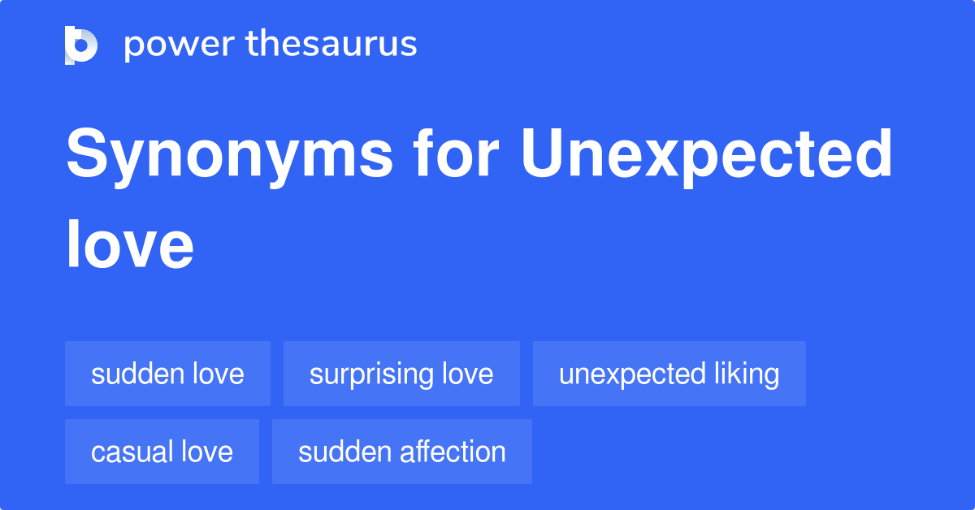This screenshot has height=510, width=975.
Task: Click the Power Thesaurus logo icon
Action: pyautogui.click(x=81, y=45)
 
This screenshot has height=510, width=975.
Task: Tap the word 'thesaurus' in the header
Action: pyautogui.click(x=331, y=44)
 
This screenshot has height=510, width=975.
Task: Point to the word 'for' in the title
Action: pyautogui.click(x=456, y=153)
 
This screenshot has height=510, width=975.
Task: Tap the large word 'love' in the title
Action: pyautogui.click(x=130, y=244)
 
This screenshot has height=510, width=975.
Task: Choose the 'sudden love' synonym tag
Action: pyautogui.click(x=167, y=374)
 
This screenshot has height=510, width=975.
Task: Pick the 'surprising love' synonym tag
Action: pyautogui.click(x=401, y=374)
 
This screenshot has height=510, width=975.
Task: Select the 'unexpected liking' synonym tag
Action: pyautogui.click(x=669, y=374)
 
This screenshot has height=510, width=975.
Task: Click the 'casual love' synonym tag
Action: pyautogui.click(x=162, y=452)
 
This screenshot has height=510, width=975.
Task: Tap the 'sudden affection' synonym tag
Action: pyautogui.click(x=401, y=452)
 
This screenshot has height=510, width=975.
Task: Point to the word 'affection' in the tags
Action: pyautogui.click(x=453, y=452)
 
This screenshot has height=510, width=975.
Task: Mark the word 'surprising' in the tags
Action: pyautogui.click(x=371, y=374)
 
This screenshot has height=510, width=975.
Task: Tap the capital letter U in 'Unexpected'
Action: pyautogui.click(x=543, y=153)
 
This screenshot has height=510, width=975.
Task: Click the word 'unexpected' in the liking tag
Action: pyautogui.click(x=632, y=375)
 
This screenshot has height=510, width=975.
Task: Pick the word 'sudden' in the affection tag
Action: pyautogui.click(x=344, y=452)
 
